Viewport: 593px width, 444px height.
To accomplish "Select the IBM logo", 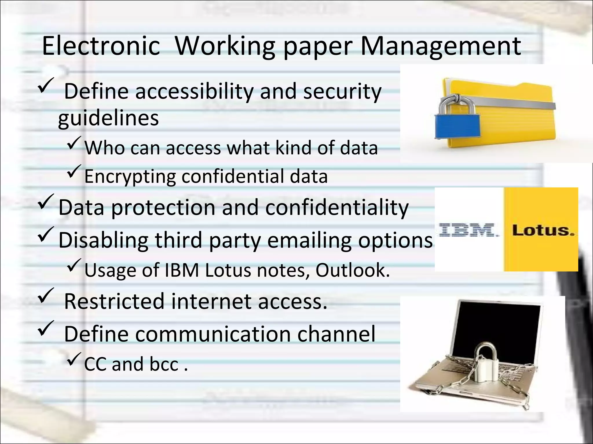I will pyautogui.click(x=469, y=230).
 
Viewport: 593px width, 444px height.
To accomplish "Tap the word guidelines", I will pyautogui.click(x=108, y=118).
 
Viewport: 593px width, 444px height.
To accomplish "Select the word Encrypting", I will pyautogui.click(x=130, y=176).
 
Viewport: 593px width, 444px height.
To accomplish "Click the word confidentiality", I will pyautogui.click(x=337, y=207).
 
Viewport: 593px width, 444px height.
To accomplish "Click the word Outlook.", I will pyautogui.click(x=352, y=270).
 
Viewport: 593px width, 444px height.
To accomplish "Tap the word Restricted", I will pyautogui.click(x=114, y=301).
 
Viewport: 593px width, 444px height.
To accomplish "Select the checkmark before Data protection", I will pyautogui.click(x=45, y=202).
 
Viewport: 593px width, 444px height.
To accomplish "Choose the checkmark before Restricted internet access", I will pyautogui.click(x=45, y=296).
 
